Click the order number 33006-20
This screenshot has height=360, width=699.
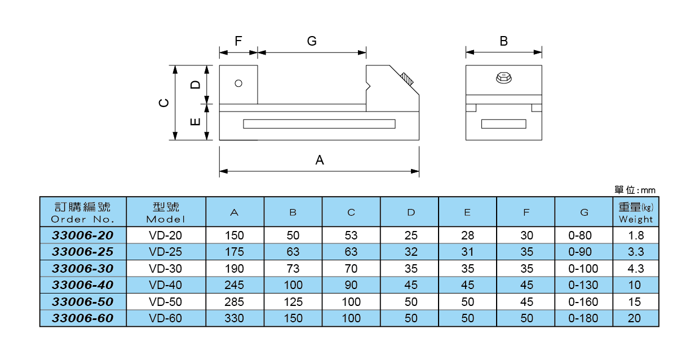click(83, 235)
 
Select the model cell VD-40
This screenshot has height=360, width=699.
click(166, 285)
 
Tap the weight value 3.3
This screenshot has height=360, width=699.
click(635, 252)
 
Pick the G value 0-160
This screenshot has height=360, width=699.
click(583, 302)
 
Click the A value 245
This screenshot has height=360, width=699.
click(235, 285)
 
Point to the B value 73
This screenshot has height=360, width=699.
click(293, 269)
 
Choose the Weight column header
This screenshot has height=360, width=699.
click(635, 212)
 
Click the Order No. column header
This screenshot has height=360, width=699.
click(83, 212)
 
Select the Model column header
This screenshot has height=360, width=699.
click(166, 212)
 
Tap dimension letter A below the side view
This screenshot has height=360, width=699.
click(320, 160)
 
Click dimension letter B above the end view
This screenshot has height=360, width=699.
click(503, 41)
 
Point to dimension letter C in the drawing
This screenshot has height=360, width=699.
click(163, 103)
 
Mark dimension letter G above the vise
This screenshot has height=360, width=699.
click(312, 41)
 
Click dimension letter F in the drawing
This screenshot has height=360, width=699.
click(238, 41)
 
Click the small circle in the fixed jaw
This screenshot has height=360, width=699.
click(238, 83)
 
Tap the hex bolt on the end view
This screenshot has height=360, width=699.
click(503, 78)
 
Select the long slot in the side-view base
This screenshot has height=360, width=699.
click(319, 124)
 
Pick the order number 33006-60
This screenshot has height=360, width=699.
click(83, 318)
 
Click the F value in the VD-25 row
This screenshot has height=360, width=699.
click(526, 252)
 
